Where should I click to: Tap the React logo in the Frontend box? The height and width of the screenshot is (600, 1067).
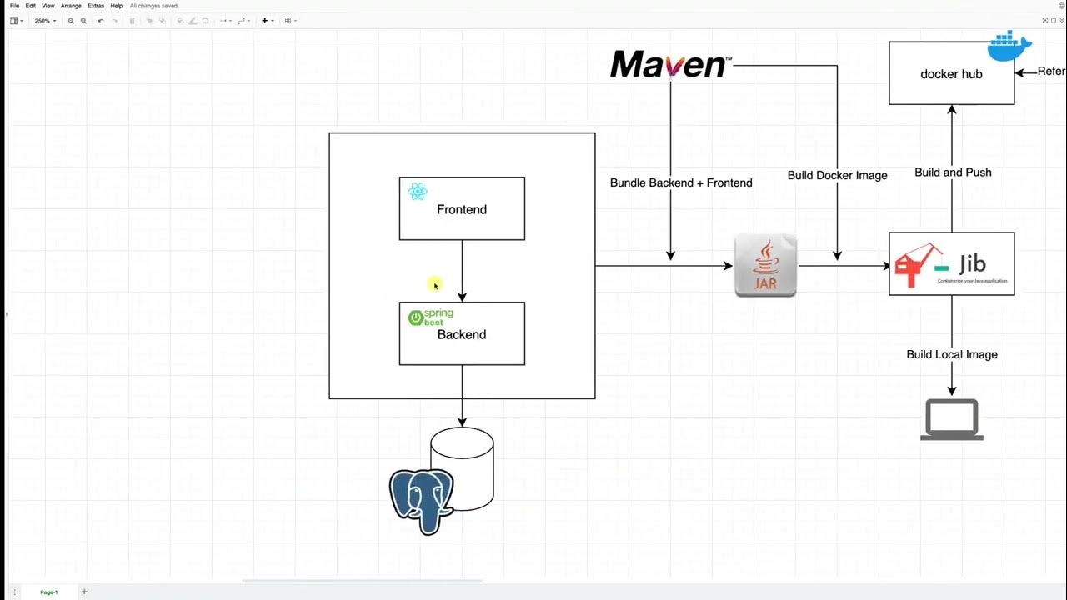[x=418, y=192]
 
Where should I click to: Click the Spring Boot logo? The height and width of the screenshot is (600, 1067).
[x=430, y=317]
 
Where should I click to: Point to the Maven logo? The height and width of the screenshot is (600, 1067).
[x=670, y=64]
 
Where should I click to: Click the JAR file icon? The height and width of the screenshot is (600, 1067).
[x=765, y=266]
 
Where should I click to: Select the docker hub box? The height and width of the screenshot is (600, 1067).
[x=951, y=74]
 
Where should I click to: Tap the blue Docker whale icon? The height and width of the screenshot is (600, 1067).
[x=1009, y=46]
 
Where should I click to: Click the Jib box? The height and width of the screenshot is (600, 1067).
[x=951, y=264]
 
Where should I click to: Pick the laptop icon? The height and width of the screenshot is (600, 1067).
[x=951, y=419]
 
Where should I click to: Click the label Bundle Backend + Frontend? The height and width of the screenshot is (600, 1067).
[x=681, y=182]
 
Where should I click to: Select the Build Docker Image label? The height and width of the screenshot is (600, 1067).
[x=837, y=175]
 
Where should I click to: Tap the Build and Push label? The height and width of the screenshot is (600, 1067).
[x=953, y=172]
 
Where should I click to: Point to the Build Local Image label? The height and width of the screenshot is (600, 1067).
[x=952, y=354]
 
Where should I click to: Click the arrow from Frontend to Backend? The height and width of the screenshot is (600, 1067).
[x=462, y=271]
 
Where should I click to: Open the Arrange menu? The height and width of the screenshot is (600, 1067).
[x=71, y=6]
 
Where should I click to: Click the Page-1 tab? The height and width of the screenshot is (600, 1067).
[x=49, y=592]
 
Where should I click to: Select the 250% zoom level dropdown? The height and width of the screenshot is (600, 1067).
[x=45, y=21]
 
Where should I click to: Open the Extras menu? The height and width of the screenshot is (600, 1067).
[x=96, y=6]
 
